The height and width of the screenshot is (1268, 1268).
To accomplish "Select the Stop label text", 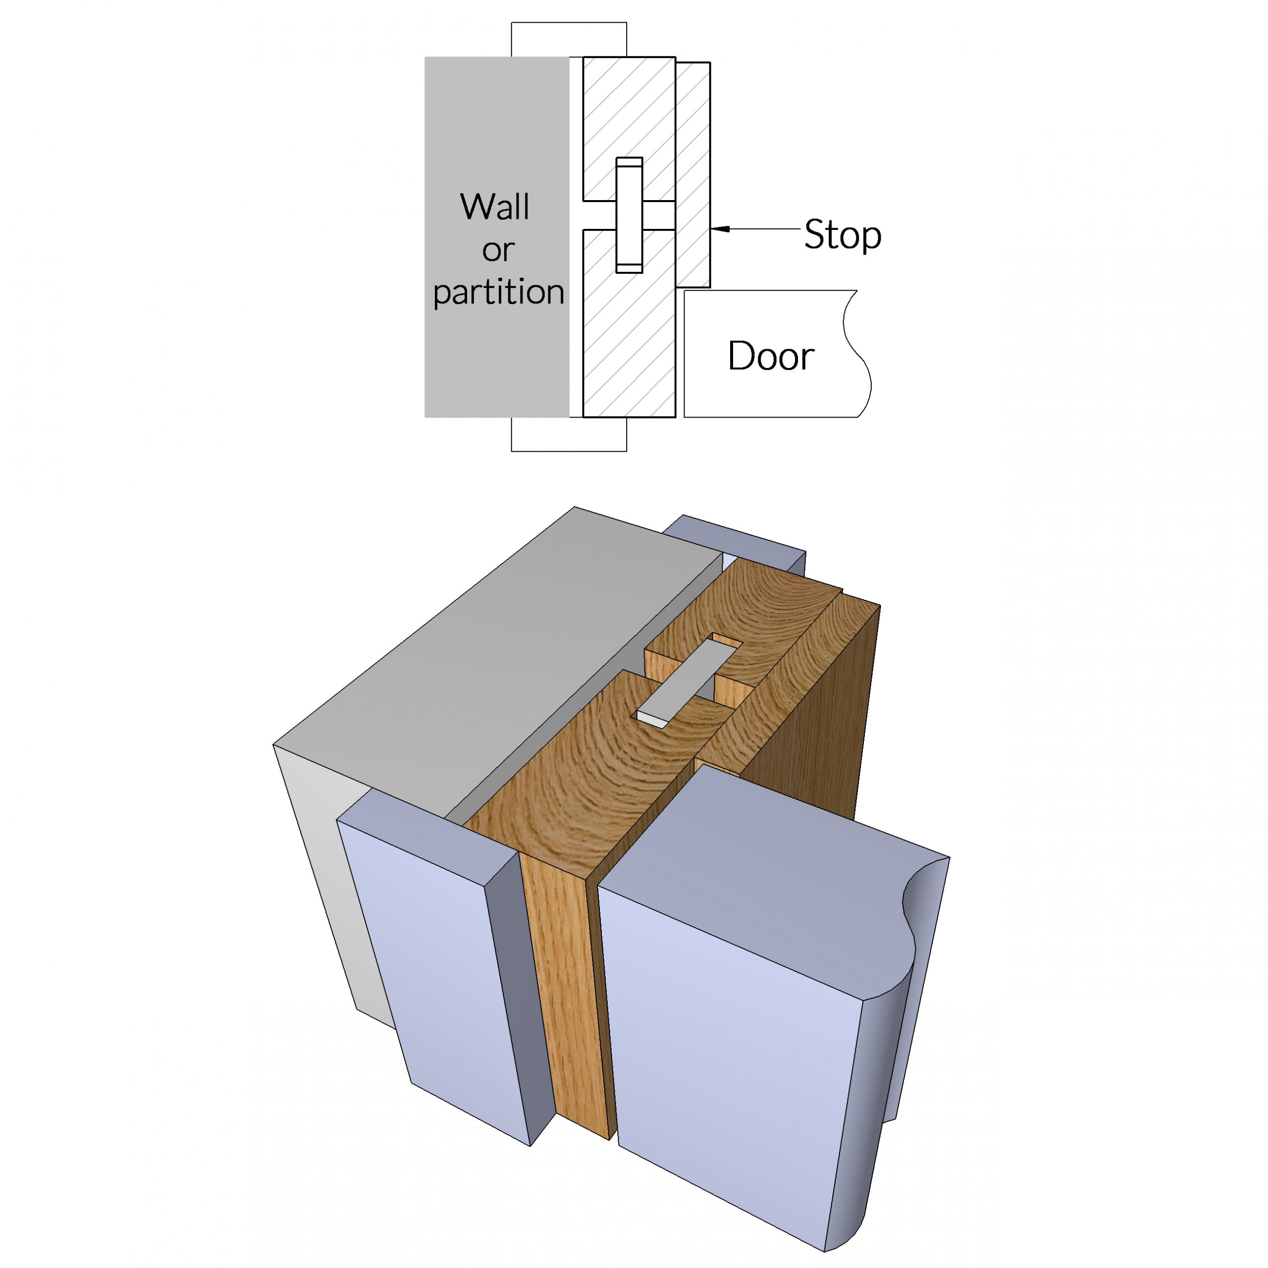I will (842, 234).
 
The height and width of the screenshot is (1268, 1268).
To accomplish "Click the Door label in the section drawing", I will (771, 357).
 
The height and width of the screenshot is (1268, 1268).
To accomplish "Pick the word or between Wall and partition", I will (498, 250).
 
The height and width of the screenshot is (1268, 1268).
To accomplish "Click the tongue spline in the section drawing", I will (629, 215).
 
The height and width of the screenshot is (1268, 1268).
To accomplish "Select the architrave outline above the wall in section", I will (568, 40).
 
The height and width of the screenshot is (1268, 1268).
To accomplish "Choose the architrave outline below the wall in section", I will (568, 434).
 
